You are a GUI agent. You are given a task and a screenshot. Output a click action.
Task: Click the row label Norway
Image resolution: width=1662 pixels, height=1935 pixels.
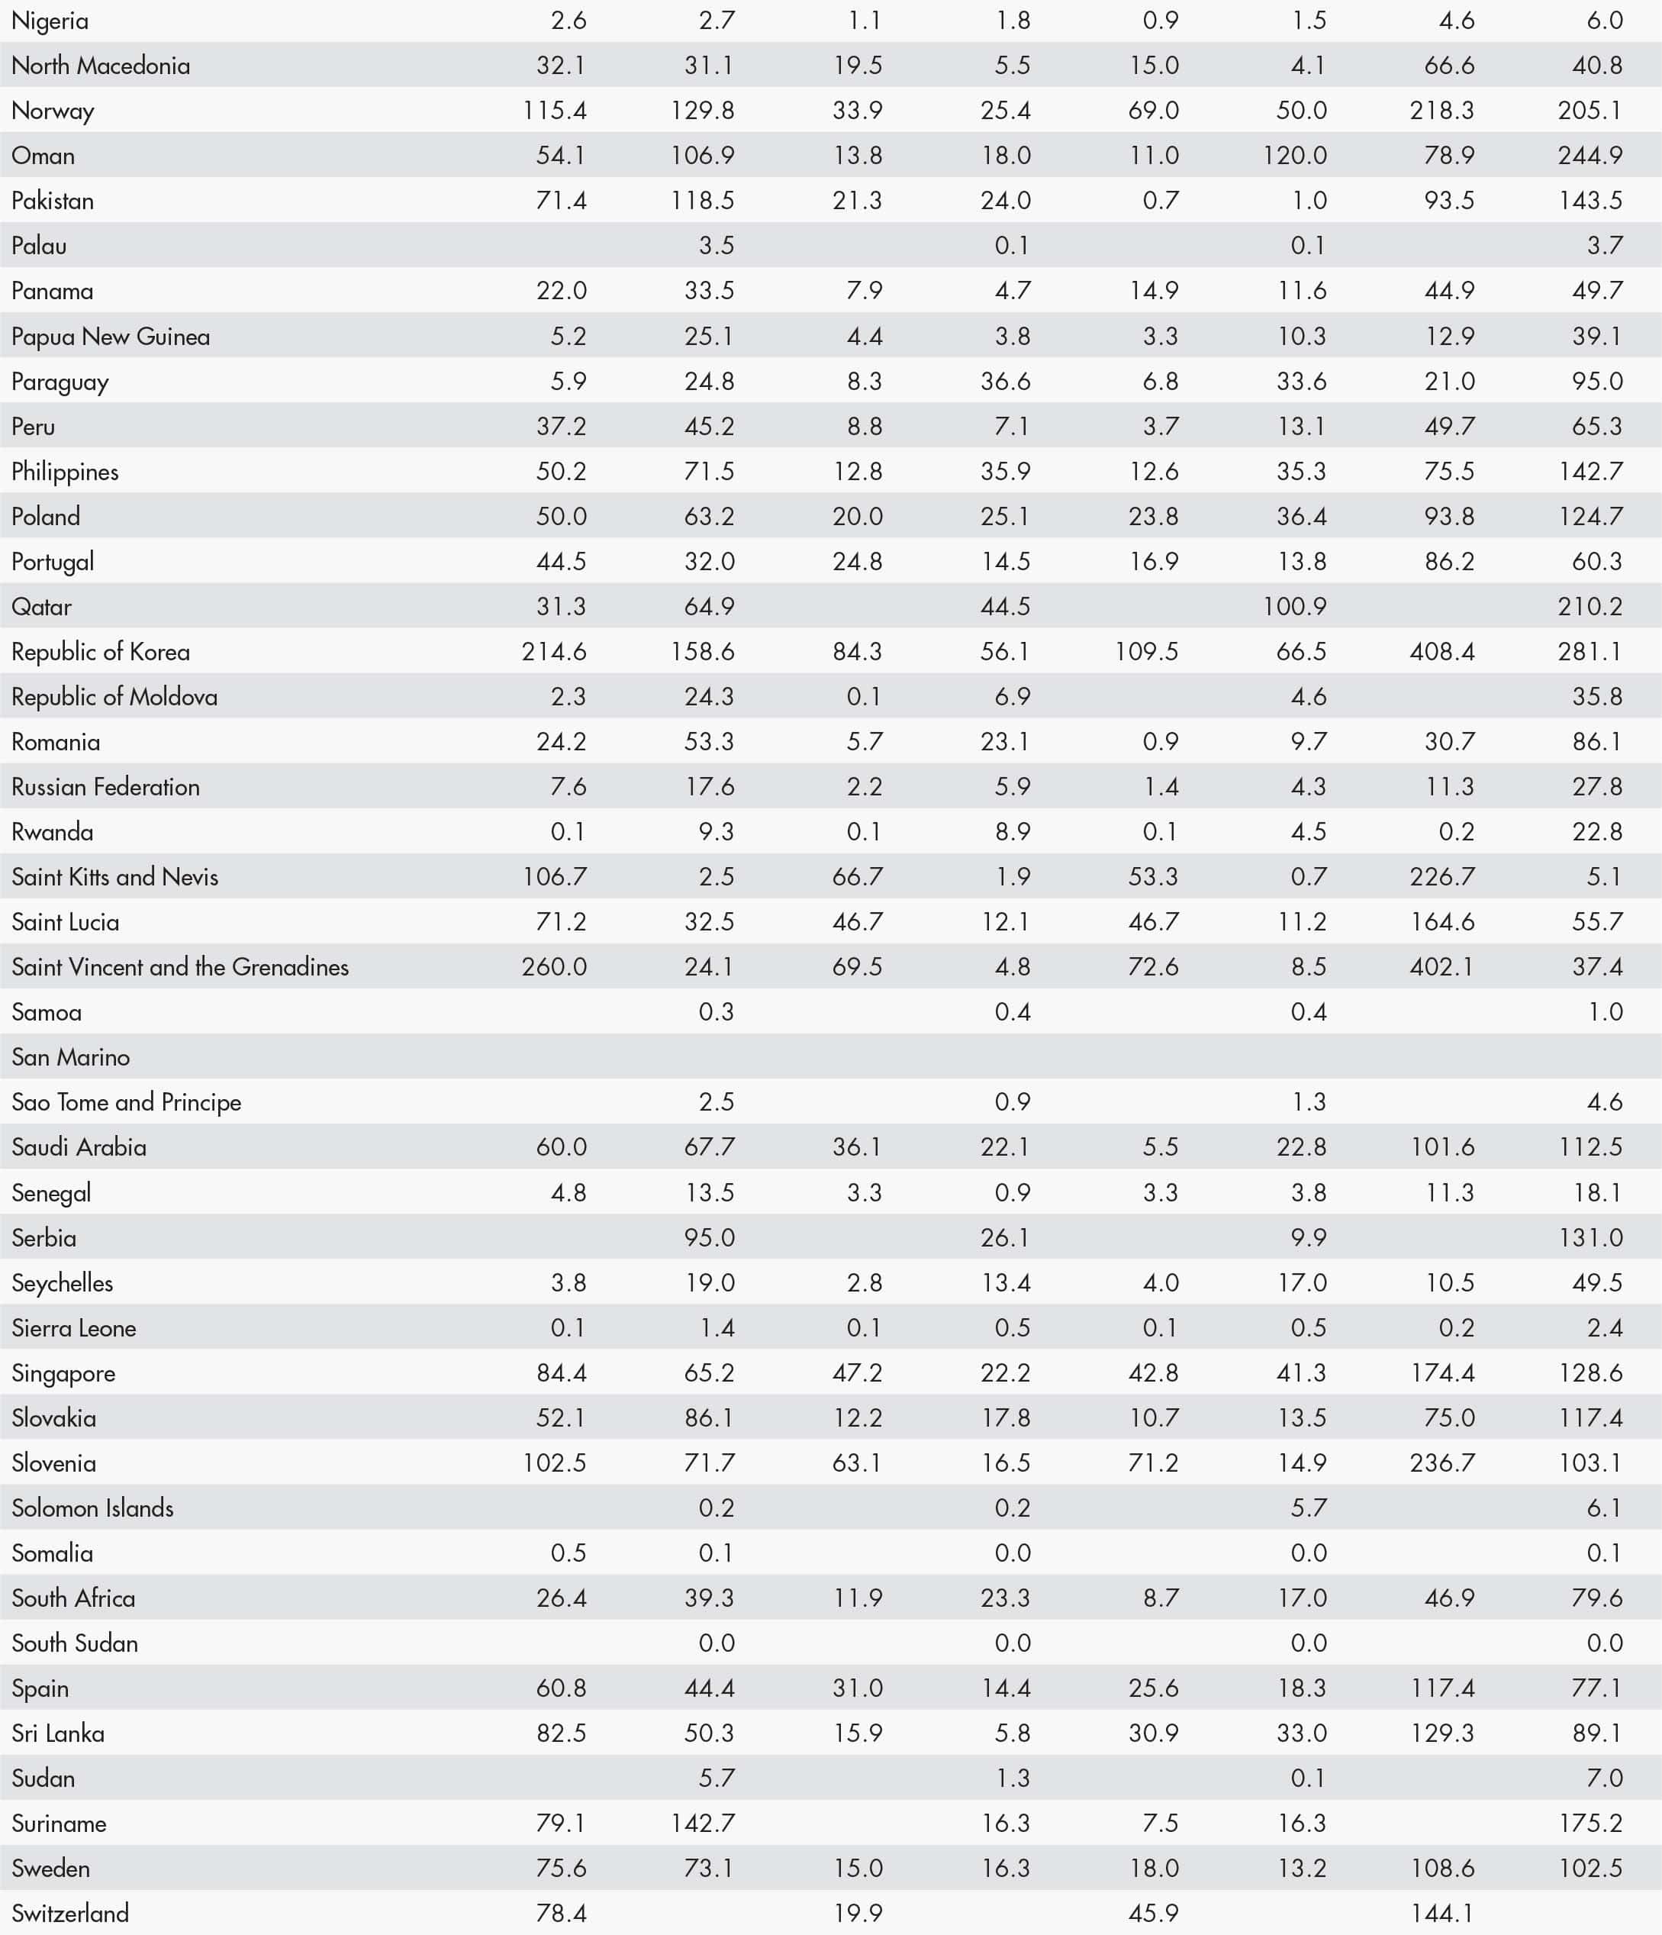(53, 110)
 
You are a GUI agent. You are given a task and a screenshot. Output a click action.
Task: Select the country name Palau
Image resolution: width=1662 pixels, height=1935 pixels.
(39, 246)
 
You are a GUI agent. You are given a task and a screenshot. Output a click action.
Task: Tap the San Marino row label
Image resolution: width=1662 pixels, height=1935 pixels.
(71, 1057)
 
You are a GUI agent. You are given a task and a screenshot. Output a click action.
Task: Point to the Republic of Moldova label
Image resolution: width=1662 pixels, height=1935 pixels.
(114, 697)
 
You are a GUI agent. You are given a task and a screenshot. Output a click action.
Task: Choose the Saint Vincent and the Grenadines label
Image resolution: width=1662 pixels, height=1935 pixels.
(180, 966)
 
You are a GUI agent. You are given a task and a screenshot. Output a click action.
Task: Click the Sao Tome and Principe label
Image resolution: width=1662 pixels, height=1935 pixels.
(126, 1102)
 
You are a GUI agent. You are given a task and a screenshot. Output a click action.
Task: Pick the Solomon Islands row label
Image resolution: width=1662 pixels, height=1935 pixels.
(92, 1508)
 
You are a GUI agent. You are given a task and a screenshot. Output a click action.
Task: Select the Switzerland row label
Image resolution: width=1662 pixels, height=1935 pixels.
(70, 1914)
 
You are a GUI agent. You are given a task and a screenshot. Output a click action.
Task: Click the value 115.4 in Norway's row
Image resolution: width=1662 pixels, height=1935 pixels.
(555, 110)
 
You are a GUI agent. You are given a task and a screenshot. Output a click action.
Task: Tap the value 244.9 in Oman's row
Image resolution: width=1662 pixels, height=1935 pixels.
(1590, 155)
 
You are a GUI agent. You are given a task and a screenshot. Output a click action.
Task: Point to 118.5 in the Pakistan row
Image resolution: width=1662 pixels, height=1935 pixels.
(702, 200)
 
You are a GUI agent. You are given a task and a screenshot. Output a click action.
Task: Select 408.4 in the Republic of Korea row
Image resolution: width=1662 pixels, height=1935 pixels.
(1441, 652)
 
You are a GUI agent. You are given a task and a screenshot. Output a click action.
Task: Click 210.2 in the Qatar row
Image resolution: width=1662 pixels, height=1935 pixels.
(1590, 606)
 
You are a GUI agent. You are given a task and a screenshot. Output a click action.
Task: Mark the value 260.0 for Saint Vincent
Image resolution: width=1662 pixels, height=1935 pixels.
(555, 966)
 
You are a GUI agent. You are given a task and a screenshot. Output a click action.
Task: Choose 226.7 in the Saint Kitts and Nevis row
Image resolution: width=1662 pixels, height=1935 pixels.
(1441, 877)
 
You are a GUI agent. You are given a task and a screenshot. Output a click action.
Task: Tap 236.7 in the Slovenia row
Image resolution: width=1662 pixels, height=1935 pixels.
(1441, 1463)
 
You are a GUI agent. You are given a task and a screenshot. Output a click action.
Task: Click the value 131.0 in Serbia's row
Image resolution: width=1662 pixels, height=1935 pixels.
(1590, 1237)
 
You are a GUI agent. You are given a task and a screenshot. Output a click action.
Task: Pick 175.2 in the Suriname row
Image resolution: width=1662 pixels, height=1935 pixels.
(1590, 1823)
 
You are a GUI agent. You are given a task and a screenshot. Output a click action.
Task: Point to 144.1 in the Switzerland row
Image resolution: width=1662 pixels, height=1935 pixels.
(1441, 1914)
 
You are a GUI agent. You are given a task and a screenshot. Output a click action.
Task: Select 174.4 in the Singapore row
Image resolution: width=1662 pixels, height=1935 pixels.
(1441, 1372)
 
